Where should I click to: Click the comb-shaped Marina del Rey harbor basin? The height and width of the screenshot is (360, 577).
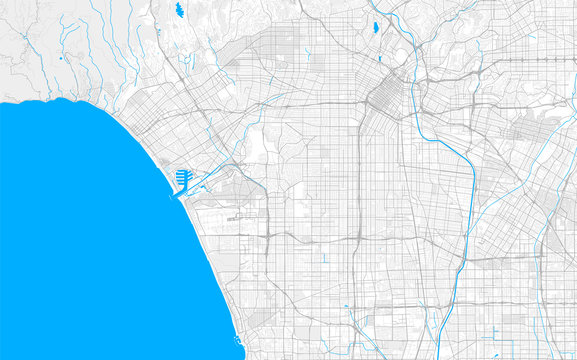pos(183,179)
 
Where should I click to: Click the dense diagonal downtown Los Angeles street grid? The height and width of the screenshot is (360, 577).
pos(384,97)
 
